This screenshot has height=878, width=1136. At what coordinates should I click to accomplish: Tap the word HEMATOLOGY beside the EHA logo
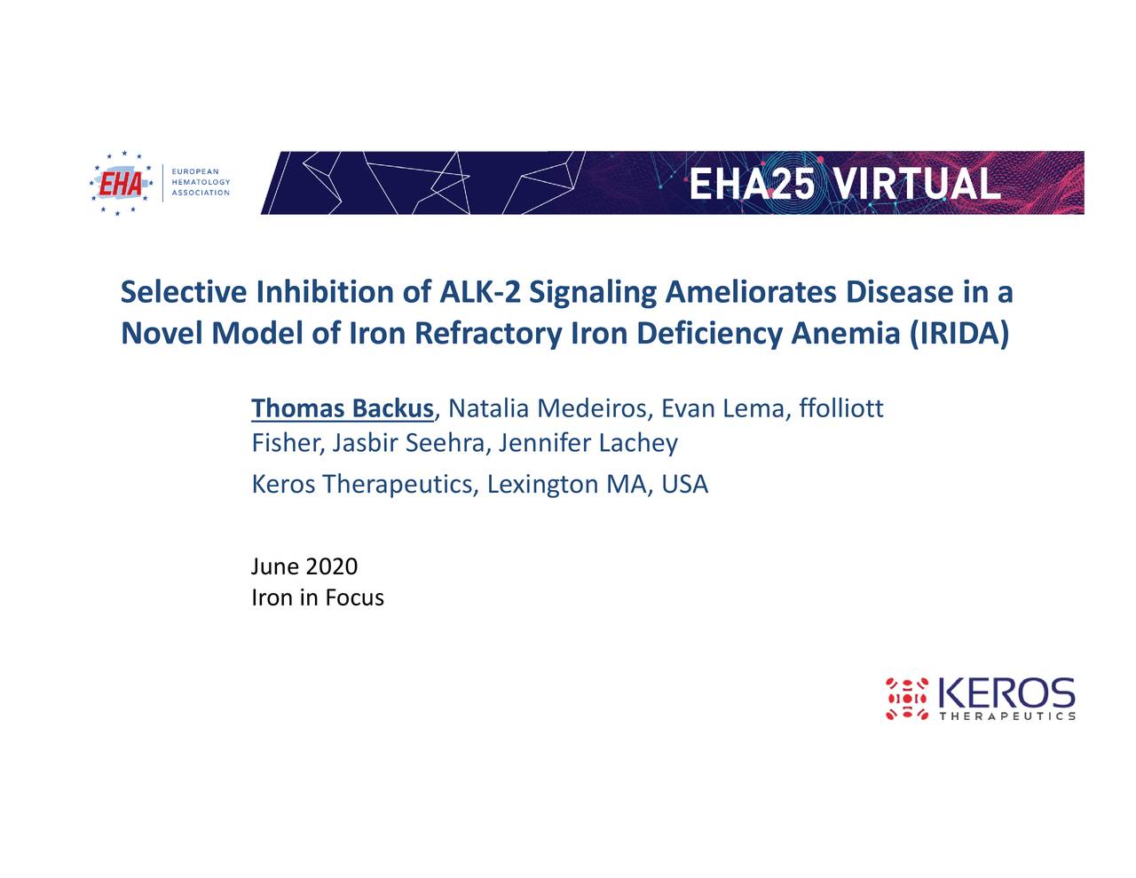coord(201,182)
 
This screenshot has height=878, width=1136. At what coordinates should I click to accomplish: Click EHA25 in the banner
coord(752,184)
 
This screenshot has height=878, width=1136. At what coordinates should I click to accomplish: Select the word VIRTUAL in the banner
coord(918,184)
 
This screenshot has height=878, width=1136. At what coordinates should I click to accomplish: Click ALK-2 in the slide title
coord(480,292)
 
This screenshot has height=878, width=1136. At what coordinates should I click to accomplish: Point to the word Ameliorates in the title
coord(751,292)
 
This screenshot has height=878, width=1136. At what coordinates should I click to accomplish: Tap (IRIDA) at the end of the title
coord(959,334)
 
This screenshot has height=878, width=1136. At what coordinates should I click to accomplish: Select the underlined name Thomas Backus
coord(343,408)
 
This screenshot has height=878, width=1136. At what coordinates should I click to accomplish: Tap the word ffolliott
coord(841,407)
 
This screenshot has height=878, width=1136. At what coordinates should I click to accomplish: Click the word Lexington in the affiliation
coord(542,485)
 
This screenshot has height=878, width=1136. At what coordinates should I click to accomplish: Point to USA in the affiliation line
coord(685,484)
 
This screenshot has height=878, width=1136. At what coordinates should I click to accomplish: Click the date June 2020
coord(304,566)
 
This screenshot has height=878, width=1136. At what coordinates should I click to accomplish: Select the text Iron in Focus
coord(318,597)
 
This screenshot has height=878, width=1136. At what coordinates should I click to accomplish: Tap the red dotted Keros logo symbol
coord(907,699)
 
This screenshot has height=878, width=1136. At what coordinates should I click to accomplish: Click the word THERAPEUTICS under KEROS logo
coord(1007,716)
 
